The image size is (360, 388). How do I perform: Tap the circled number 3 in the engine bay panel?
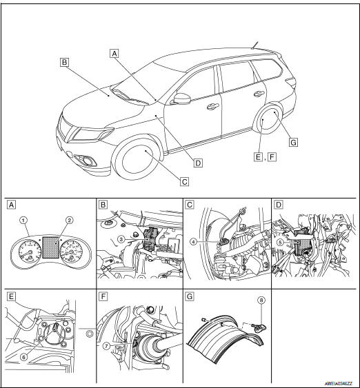pos(121,238)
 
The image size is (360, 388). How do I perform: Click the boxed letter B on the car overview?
pos(63,62)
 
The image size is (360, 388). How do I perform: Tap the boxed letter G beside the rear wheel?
pos(293,142)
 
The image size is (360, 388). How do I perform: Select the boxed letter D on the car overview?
pos(197,163)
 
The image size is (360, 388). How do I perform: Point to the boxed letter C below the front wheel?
pos(184,182)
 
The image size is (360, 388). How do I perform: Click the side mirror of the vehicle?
pos(183,99)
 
